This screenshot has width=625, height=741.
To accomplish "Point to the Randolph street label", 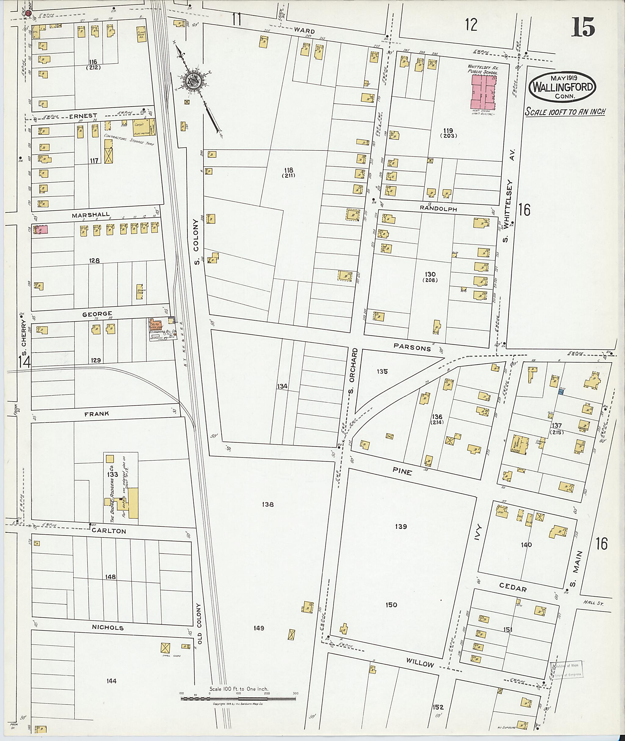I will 438,209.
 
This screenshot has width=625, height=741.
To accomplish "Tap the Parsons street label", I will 412,347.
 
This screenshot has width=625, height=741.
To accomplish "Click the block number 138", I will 268,504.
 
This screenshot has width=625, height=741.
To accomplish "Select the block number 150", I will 391,605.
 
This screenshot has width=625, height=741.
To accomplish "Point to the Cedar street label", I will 513,588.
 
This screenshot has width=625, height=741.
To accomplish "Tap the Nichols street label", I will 108,628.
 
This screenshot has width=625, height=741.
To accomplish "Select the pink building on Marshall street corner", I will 42,229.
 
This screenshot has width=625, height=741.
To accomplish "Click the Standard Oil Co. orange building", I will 157,325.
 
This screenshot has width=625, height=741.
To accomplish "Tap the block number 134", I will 282,386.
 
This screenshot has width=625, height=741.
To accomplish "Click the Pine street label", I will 402,471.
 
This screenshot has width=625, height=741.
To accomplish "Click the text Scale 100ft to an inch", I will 565,112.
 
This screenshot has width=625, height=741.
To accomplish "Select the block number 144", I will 111,681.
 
